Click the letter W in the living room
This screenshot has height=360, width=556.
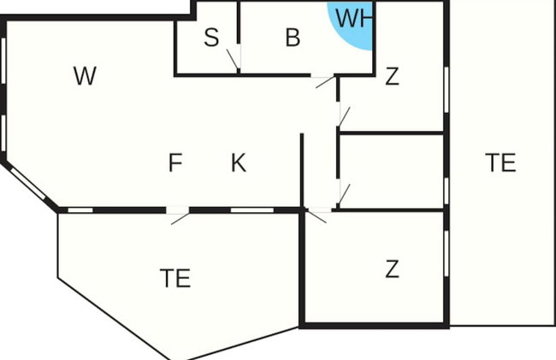[85, 75]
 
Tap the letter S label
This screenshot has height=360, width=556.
[211, 38]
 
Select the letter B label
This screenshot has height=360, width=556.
[293, 38]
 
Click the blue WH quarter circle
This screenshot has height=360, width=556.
[352, 26]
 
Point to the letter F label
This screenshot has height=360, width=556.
[175, 162]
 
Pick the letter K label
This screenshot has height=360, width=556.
[239, 162]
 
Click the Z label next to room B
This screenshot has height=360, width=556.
[392, 76]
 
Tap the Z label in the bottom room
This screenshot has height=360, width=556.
[392, 269]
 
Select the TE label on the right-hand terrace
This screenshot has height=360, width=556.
[500, 162]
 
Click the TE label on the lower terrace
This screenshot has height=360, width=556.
[175, 278]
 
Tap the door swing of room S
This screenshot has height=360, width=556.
[233, 60]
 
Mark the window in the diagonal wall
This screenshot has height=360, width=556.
[28, 184]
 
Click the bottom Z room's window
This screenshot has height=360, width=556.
[447, 253]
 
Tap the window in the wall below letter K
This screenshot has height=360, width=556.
[252, 210]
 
